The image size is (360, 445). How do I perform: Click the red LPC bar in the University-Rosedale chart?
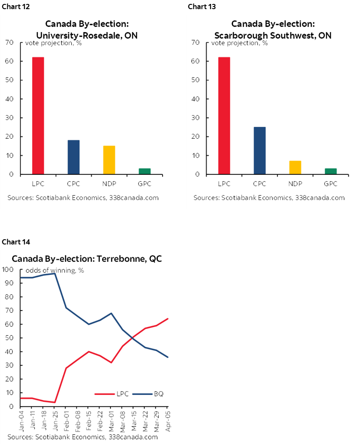38,116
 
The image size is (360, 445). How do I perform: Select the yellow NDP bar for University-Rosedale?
109,160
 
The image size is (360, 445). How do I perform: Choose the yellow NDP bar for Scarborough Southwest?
295,167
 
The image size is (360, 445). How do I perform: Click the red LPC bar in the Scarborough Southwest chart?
224,116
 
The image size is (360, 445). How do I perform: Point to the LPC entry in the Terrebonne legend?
117,394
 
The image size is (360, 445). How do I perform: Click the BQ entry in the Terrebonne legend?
150,394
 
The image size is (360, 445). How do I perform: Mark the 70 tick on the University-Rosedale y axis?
10,42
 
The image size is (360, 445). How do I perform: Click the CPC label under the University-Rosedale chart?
73,184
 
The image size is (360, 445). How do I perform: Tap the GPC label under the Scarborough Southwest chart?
331,184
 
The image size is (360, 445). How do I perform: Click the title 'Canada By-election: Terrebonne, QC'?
87,258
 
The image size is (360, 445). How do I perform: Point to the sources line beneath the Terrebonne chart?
82,437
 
